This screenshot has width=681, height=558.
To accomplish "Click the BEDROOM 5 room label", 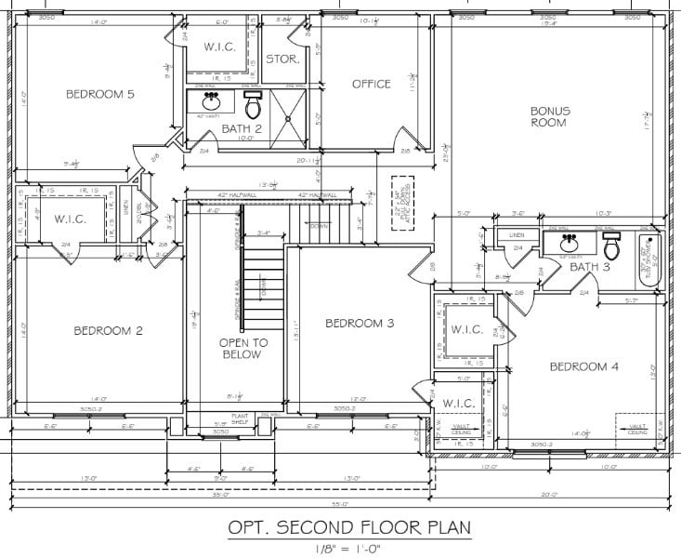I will (99, 94).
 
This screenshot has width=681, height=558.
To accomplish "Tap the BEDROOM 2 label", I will (108, 330).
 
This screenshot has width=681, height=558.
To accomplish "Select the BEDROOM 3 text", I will (360, 323).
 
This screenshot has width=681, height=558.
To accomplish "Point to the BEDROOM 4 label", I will (583, 366).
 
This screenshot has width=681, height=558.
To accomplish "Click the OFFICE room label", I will (371, 85).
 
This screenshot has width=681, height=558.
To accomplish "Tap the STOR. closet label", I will (282, 59).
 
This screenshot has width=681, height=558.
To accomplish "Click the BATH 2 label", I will (241, 128).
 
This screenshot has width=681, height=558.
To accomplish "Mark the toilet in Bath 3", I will (610, 247).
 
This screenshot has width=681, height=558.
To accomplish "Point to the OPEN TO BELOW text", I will (243, 348).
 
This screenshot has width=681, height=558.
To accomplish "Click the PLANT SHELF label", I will (242, 418).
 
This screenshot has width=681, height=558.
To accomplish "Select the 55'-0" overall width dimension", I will (337, 503).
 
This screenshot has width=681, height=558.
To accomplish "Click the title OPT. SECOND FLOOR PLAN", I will (349, 528).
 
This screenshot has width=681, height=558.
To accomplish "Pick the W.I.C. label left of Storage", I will (218, 46).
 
